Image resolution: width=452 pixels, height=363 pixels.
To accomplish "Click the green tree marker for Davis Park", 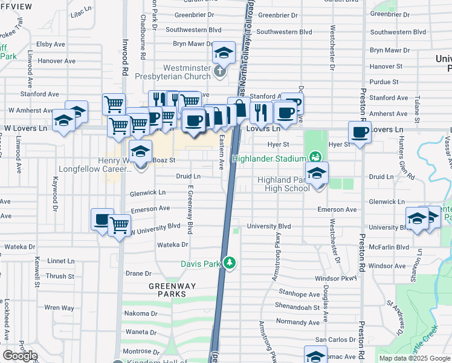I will coord(229,263).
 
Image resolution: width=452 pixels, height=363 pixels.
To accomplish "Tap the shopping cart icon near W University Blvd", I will coord(120,226).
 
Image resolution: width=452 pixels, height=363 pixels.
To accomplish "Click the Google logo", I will coord(21,356).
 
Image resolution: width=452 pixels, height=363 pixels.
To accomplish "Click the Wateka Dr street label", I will coord(173,244).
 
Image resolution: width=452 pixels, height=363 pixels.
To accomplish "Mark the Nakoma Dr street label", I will coord(141,313).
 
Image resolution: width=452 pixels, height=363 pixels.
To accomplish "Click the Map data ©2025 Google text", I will coord(414,358).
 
